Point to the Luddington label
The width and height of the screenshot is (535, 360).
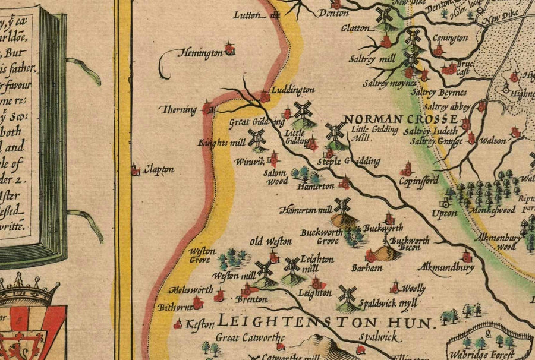tap(292, 90)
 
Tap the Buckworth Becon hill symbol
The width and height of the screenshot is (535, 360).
tap(385, 253)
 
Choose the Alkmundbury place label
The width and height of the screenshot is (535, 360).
tap(446, 268)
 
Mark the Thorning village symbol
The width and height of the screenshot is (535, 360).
tap(207, 109)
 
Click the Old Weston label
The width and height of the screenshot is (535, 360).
tap(270, 241)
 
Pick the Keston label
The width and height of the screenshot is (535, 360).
tap(199, 324)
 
